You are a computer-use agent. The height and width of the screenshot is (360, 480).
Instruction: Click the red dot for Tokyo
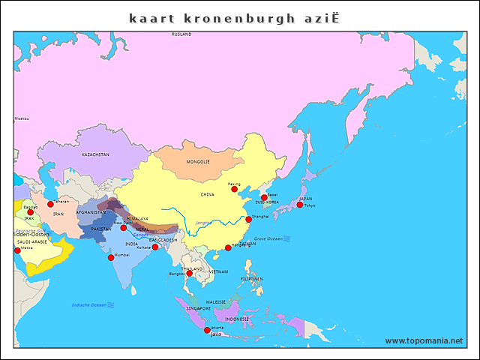pos(300,205)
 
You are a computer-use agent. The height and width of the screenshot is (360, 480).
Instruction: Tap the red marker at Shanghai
pos(248,220)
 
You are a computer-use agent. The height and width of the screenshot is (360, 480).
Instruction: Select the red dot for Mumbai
pos(111,257)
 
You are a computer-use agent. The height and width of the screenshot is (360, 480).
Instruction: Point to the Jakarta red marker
pos(207,330)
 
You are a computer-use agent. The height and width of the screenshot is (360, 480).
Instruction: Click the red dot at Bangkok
pos(189,274)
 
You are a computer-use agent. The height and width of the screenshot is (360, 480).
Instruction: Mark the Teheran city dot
pos(50,204)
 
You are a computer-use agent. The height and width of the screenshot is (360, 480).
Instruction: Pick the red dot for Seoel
pos(264,197)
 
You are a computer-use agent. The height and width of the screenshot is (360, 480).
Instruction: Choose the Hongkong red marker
pos(228,247)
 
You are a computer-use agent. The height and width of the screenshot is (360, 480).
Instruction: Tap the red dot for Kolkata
pos(155,247)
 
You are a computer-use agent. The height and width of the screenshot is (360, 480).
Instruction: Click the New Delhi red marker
pos(123,227)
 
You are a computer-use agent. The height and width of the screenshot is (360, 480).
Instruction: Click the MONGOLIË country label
pos(198,162)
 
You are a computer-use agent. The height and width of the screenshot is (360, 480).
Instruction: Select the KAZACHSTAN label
pos(95,154)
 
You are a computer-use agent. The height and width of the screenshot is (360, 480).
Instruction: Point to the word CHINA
pos(207,194)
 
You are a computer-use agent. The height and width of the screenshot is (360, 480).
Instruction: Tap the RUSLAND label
pos(181,34)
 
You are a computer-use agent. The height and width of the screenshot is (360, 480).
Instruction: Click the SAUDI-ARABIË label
pos(32,242)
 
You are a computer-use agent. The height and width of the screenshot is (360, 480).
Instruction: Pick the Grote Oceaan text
pos(268,238)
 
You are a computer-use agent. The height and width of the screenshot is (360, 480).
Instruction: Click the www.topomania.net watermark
pos(424,340)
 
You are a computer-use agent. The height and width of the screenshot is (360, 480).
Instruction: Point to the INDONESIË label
pos(237,319)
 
